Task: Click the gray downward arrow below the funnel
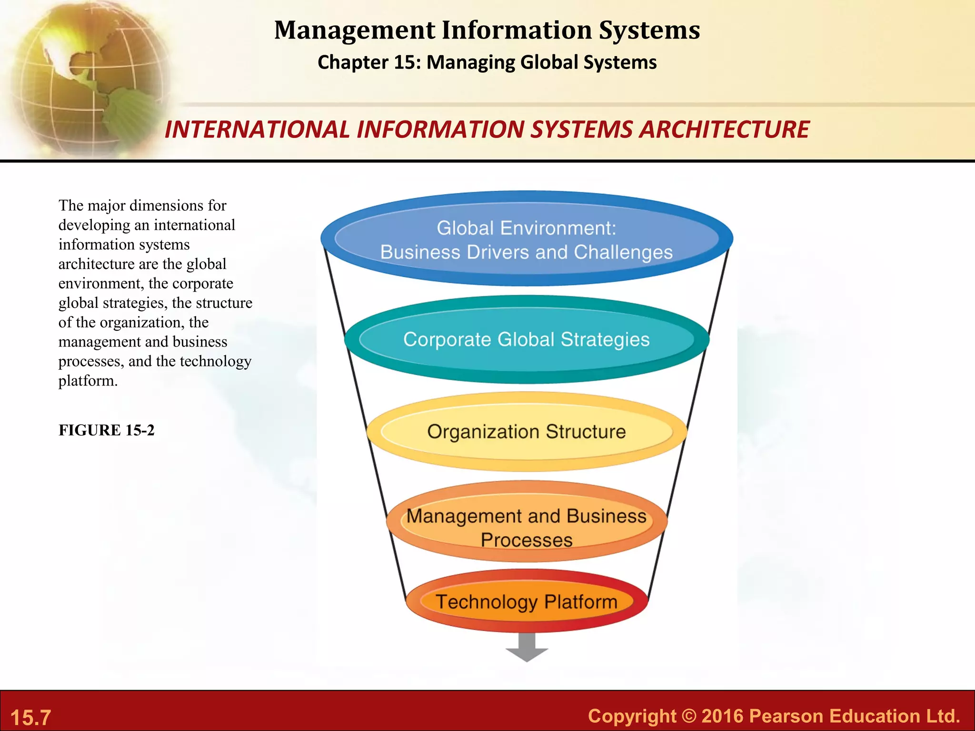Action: [527, 648]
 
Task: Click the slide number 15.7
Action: [30, 717]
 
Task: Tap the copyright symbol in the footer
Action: [688, 716]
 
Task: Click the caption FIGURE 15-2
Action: [107, 430]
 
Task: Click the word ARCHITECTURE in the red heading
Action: [724, 129]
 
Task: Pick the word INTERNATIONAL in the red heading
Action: [257, 129]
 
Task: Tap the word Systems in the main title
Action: [649, 30]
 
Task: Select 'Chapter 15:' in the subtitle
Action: [369, 62]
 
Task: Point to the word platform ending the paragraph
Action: [88, 381]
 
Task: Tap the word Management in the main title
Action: [354, 30]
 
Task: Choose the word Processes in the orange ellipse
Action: [527, 541]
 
